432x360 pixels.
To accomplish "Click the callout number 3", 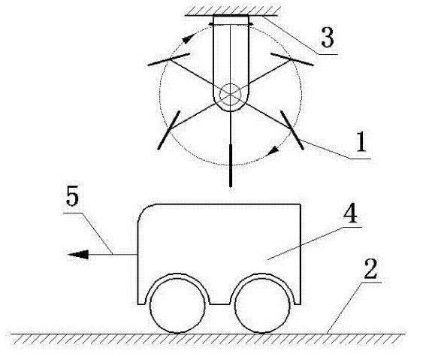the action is pos(328,38).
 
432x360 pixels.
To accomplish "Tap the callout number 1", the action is pos(361,142).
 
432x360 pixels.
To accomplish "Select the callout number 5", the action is pos(72,196).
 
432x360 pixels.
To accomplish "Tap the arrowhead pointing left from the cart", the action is pos(78,255).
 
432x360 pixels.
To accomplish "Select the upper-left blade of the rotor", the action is pos(168,59).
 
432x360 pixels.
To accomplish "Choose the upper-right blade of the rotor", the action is pos(292,59).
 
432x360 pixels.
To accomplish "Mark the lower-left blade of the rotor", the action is pos(168,130).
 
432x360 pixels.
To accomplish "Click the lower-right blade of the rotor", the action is pos(292,130).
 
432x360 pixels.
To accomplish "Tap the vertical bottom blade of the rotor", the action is pos(231,165).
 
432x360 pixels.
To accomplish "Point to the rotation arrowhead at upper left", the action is pos(188,38).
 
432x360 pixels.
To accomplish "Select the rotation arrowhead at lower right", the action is pos(273,150).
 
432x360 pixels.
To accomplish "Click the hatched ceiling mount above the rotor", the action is pos(233,11).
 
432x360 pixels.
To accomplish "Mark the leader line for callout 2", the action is pos(345,308).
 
